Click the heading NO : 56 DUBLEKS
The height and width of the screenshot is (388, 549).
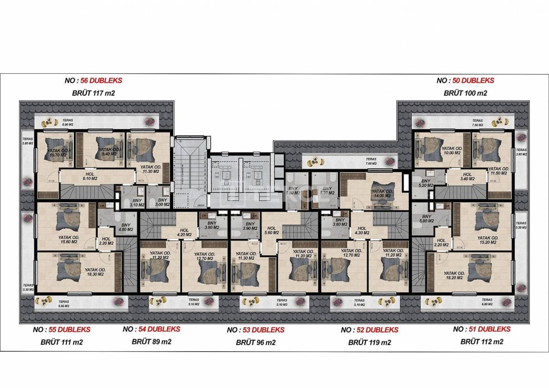pyautogui.click(x=93, y=80)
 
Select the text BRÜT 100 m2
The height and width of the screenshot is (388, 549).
pyautogui.click(x=465, y=93)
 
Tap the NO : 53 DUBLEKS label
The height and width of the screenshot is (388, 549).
pyautogui.click(x=256, y=330)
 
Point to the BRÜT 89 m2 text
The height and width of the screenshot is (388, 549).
pyautogui.click(x=151, y=342)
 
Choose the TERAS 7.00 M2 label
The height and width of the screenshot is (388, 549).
pyautogui.click(x=371, y=161)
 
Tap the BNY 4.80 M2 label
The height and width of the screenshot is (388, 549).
pyautogui.click(x=126, y=227)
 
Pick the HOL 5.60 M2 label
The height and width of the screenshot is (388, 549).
pyautogui.click(x=271, y=231)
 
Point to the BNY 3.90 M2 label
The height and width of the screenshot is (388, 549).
pyautogui.click(x=250, y=226)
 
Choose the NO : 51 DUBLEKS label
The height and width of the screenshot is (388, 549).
pyautogui.click(x=482, y=329)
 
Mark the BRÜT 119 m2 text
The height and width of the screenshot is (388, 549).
pyautogui.click(x=369, y=342)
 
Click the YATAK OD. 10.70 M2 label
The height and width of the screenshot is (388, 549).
pyautogui.click(x=57, y=153)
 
